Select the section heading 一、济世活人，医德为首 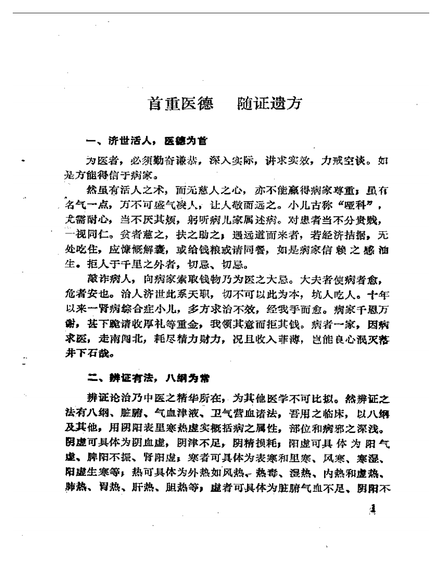(x=146, y=140)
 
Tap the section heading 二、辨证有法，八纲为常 (x=146, y=378)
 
